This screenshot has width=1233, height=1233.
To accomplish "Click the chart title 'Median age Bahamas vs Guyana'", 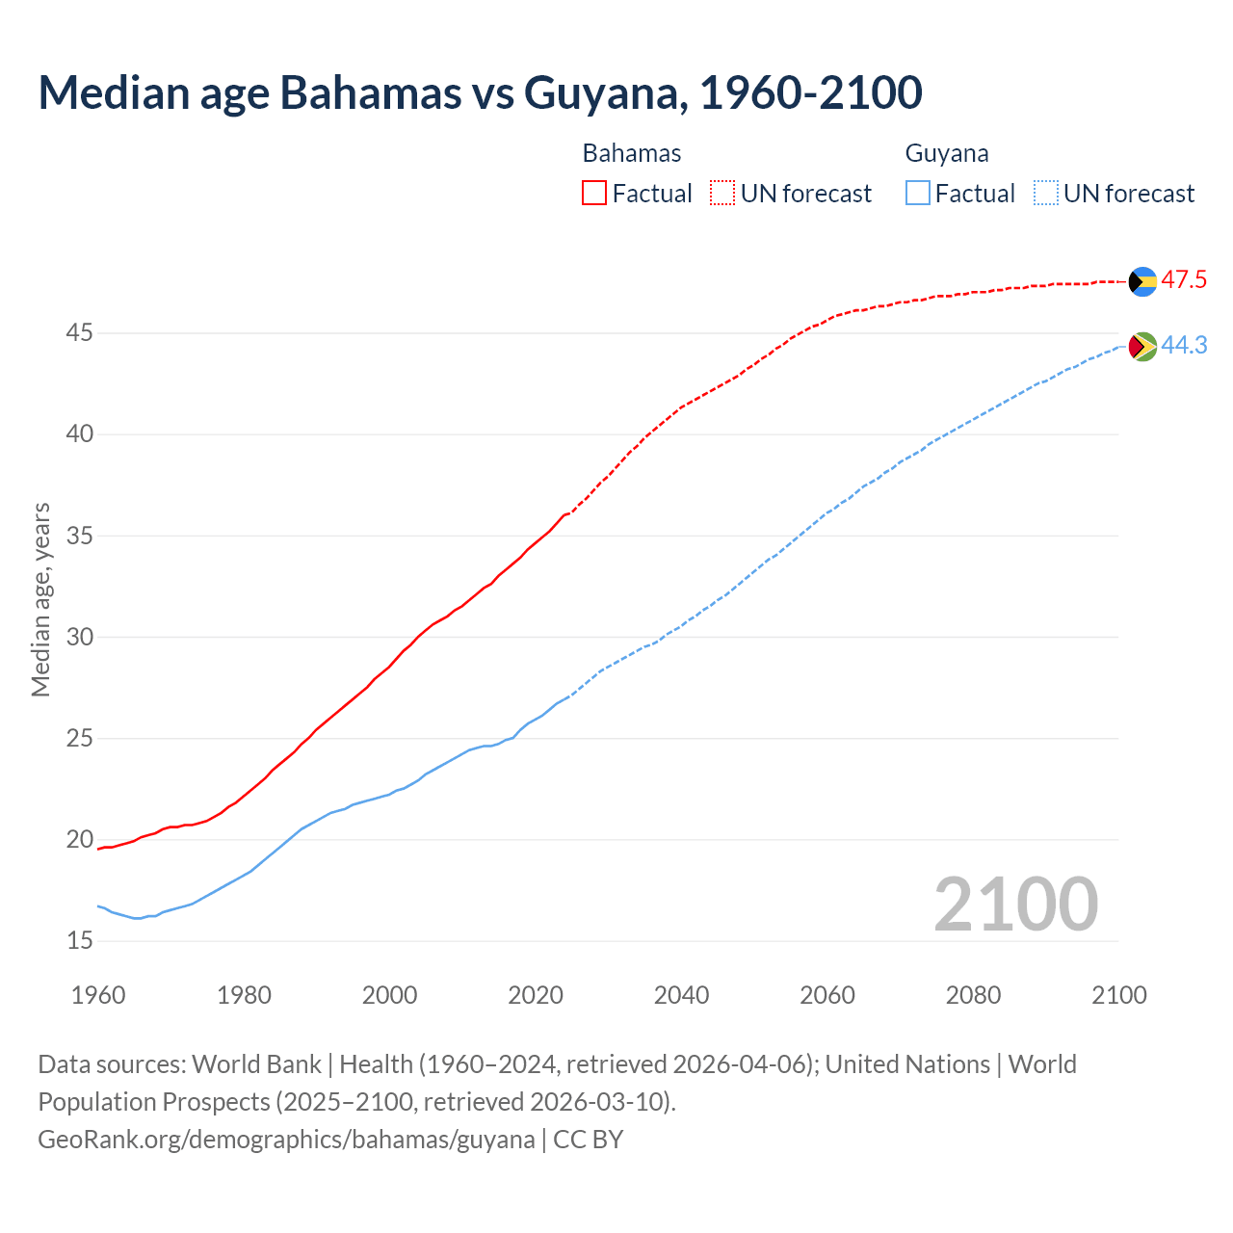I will (x=480, y=92).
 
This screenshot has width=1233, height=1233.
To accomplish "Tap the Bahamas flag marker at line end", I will (x=1142, y=281).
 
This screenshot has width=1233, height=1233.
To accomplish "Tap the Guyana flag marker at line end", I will (x=1142, y=346).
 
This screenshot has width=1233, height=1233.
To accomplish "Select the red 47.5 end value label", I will (x=1184, y=280).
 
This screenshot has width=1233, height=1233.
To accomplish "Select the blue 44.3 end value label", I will (x=1184, y=345).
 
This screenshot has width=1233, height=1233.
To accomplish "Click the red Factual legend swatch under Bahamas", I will (x=594, y=194).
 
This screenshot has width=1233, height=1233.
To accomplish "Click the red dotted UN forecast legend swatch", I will (x=722, y=194).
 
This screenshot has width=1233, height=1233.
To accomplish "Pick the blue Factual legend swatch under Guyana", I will (x=918, y=194).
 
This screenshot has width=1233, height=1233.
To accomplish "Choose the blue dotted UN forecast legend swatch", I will (x=1046, y=194).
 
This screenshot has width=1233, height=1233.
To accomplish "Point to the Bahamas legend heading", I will (x=632, y=153).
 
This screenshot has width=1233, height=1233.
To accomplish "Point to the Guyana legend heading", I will (x=947, y=153).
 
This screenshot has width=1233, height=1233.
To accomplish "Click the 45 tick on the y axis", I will (x=80, y=333).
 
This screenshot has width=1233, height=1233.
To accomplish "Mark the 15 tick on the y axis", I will (x=80, y=941).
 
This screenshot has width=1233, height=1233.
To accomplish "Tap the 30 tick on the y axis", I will (x=80, y=637).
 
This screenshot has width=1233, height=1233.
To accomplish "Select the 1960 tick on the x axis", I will (x=98, y=995).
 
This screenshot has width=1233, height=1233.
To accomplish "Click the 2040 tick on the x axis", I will (x=681, y=995).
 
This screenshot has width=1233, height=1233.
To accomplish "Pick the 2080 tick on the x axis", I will (x=973, y=995).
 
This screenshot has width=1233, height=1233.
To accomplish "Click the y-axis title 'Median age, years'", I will (x=40, y=599).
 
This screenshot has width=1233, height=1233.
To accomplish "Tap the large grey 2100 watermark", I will (x=1015, y=904).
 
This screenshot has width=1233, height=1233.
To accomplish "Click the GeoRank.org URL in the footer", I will (x=286, y=1140).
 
